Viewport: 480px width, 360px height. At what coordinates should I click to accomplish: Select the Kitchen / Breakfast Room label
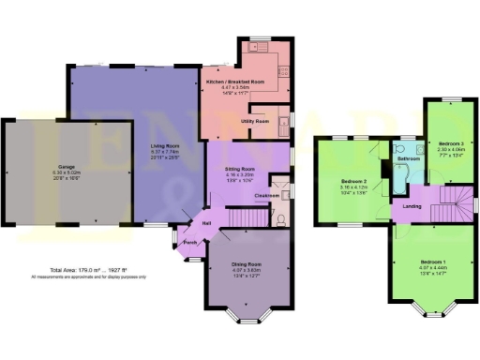point(235,82)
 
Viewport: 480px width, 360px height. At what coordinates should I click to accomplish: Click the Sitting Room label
point(241,169)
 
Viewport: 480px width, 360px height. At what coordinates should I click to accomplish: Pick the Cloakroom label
point(267,194)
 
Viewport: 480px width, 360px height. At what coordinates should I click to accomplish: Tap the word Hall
point(206,222)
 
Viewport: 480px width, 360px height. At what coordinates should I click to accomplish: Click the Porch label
point(190,241)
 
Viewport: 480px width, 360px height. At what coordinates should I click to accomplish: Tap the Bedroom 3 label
point(452,142)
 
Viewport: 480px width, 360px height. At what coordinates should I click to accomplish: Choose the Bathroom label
point(408,159)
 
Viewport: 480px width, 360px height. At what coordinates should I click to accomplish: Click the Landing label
point(411,204)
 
